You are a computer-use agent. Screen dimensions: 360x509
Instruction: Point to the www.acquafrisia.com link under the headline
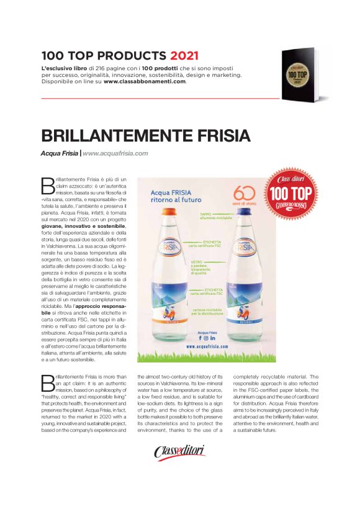(x=115, y=153)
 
